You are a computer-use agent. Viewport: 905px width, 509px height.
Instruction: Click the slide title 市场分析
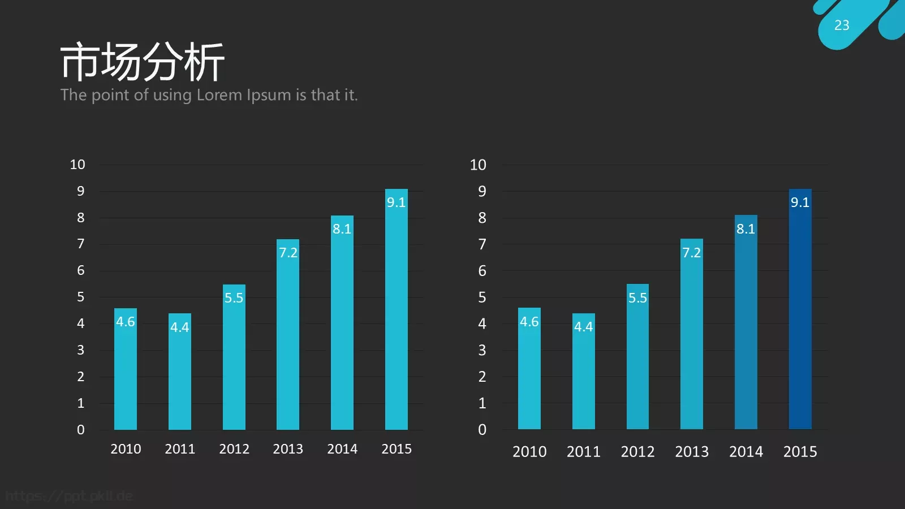(142, 62)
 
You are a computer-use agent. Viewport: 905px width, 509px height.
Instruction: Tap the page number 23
(842, 25)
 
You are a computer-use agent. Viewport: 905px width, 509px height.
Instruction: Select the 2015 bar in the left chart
(397, 309)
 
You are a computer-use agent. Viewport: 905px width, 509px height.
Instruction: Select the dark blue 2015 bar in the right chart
(800, 309)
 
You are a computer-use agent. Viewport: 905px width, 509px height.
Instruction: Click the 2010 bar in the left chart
(126, 369)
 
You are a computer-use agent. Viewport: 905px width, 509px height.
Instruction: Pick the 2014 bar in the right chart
(746, 322)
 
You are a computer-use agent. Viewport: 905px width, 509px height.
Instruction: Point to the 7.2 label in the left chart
(288, 253)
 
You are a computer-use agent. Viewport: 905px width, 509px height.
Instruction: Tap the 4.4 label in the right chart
(583, 327)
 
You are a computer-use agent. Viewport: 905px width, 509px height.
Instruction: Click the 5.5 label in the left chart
(234, 298)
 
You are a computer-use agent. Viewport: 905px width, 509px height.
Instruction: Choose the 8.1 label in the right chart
(746, 229)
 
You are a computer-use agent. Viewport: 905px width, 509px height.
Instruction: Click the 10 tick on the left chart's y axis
(77, 165)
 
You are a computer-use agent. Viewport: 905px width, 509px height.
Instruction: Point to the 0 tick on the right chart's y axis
(482, 430)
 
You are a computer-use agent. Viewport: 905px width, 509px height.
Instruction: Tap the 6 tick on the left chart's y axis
(81, 271)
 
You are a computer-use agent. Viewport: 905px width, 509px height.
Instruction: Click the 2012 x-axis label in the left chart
(234, 449)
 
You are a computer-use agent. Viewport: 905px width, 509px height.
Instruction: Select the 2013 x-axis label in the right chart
(692, 452)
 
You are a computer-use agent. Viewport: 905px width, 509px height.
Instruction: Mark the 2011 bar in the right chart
(583, 371)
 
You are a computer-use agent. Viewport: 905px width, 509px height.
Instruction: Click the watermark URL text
(69, 496)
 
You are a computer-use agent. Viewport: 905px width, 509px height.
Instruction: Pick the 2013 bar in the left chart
(288, 334)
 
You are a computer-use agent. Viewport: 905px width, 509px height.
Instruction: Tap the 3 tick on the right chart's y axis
(482, 350)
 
